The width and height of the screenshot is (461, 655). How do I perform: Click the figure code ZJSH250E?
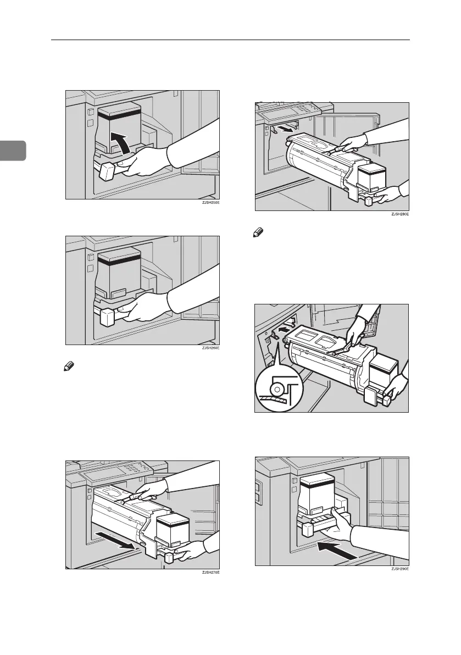pyautogui.click(x=209, y=204)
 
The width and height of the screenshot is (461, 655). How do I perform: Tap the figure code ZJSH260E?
pyautogui.click(x=209, y=348)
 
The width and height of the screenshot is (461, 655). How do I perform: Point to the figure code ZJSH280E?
pyautogui.click(x=399, y=215)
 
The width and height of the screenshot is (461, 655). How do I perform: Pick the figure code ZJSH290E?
pyautogui.click(x=399, y=570)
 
